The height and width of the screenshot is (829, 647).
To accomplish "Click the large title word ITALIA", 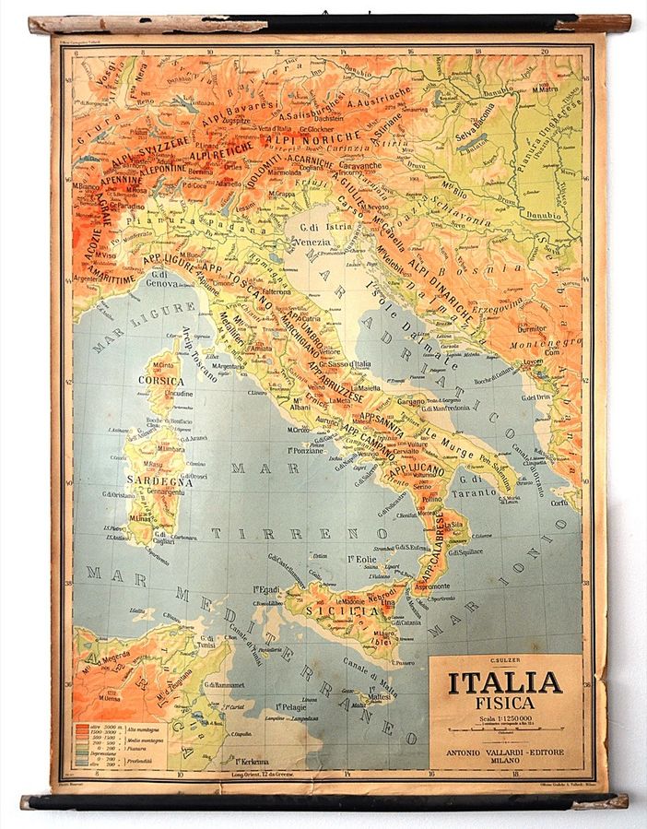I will tap(505, 682).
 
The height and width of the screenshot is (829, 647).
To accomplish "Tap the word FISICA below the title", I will tap(505, 703).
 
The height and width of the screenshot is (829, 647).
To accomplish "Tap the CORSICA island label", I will tap(161, 379).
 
